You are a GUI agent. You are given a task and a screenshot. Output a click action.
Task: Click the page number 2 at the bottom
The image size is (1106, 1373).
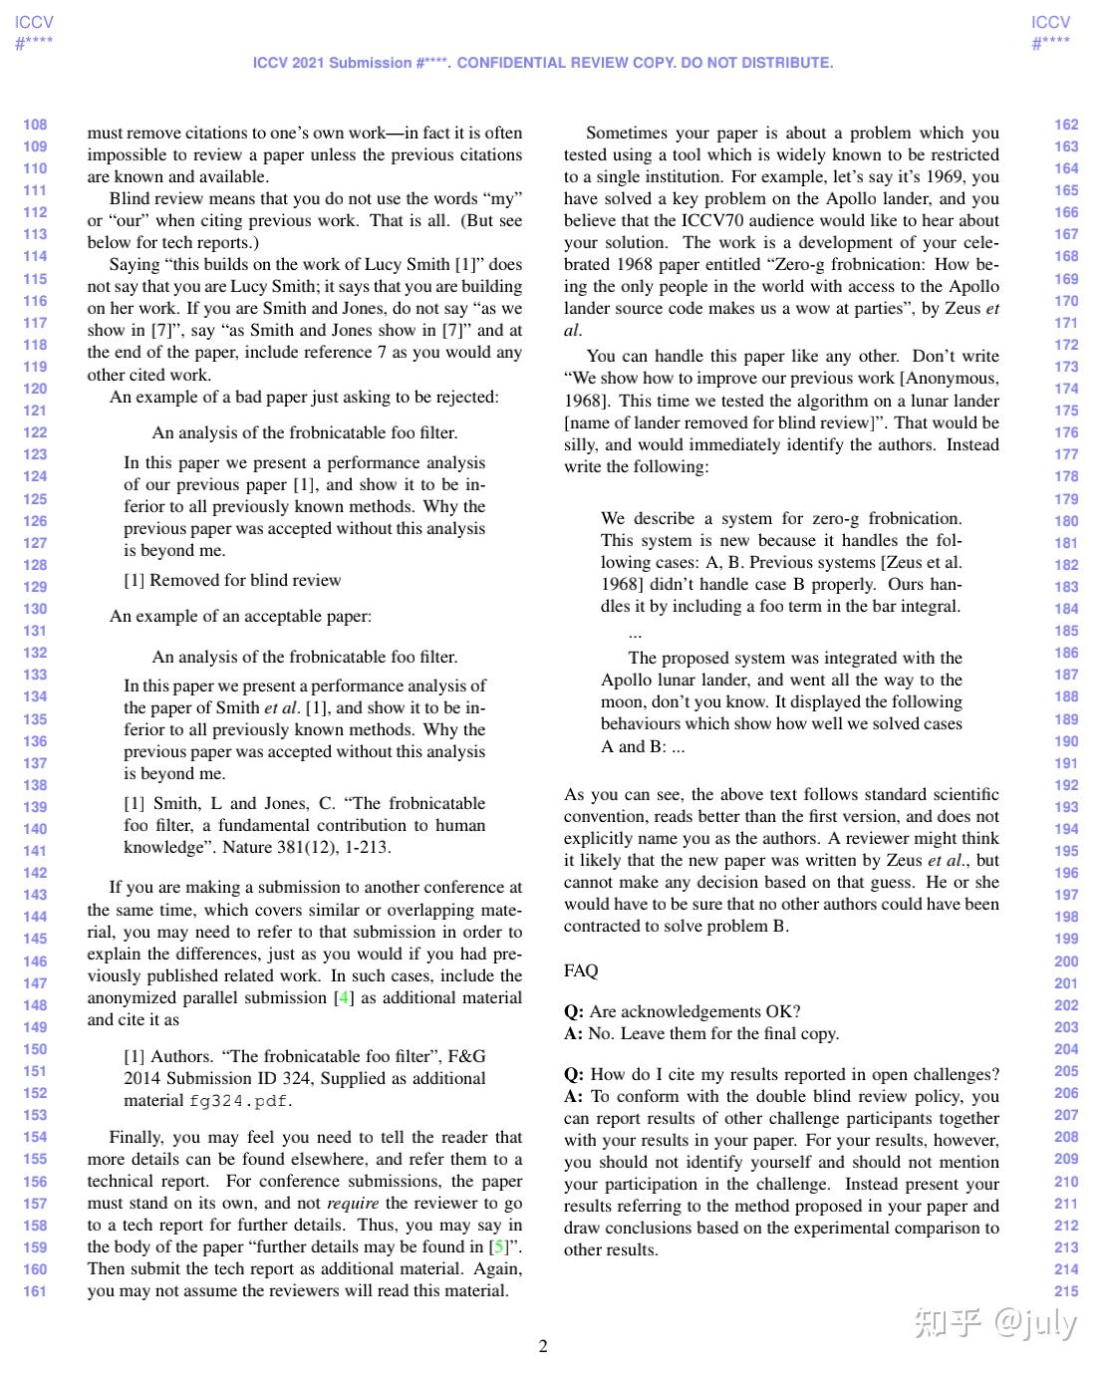point(543,1346)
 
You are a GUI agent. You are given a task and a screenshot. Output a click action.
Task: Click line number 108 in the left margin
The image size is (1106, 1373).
point(35,125)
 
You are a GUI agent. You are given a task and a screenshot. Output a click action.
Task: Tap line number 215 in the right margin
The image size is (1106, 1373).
point(1066,1291)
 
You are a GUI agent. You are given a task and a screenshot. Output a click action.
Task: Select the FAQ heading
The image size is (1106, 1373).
point(581,970)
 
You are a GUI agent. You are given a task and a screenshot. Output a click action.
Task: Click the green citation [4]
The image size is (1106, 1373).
point(343,997)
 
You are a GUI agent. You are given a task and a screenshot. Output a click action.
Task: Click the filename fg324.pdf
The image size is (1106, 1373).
point(240,1101)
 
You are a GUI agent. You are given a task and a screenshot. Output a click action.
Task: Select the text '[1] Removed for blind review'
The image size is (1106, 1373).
point(232,580)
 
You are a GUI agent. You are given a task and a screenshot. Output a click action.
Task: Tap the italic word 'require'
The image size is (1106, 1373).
point(353,1203)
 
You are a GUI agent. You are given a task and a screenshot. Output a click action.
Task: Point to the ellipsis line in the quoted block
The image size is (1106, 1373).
point(636,633)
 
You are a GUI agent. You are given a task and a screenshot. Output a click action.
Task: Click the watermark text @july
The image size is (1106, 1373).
point(1034,1323)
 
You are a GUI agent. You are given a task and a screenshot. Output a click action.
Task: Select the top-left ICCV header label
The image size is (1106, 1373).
point(35,22)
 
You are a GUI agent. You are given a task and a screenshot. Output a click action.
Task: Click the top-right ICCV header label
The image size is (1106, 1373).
point(1051,22)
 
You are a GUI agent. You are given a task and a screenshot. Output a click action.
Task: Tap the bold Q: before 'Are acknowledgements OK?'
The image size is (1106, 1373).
point(574,1011)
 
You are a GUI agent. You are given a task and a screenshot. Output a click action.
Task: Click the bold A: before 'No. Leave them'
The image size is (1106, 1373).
point(573,1033)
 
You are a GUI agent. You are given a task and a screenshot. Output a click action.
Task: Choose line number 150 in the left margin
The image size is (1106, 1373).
point(35,1049)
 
